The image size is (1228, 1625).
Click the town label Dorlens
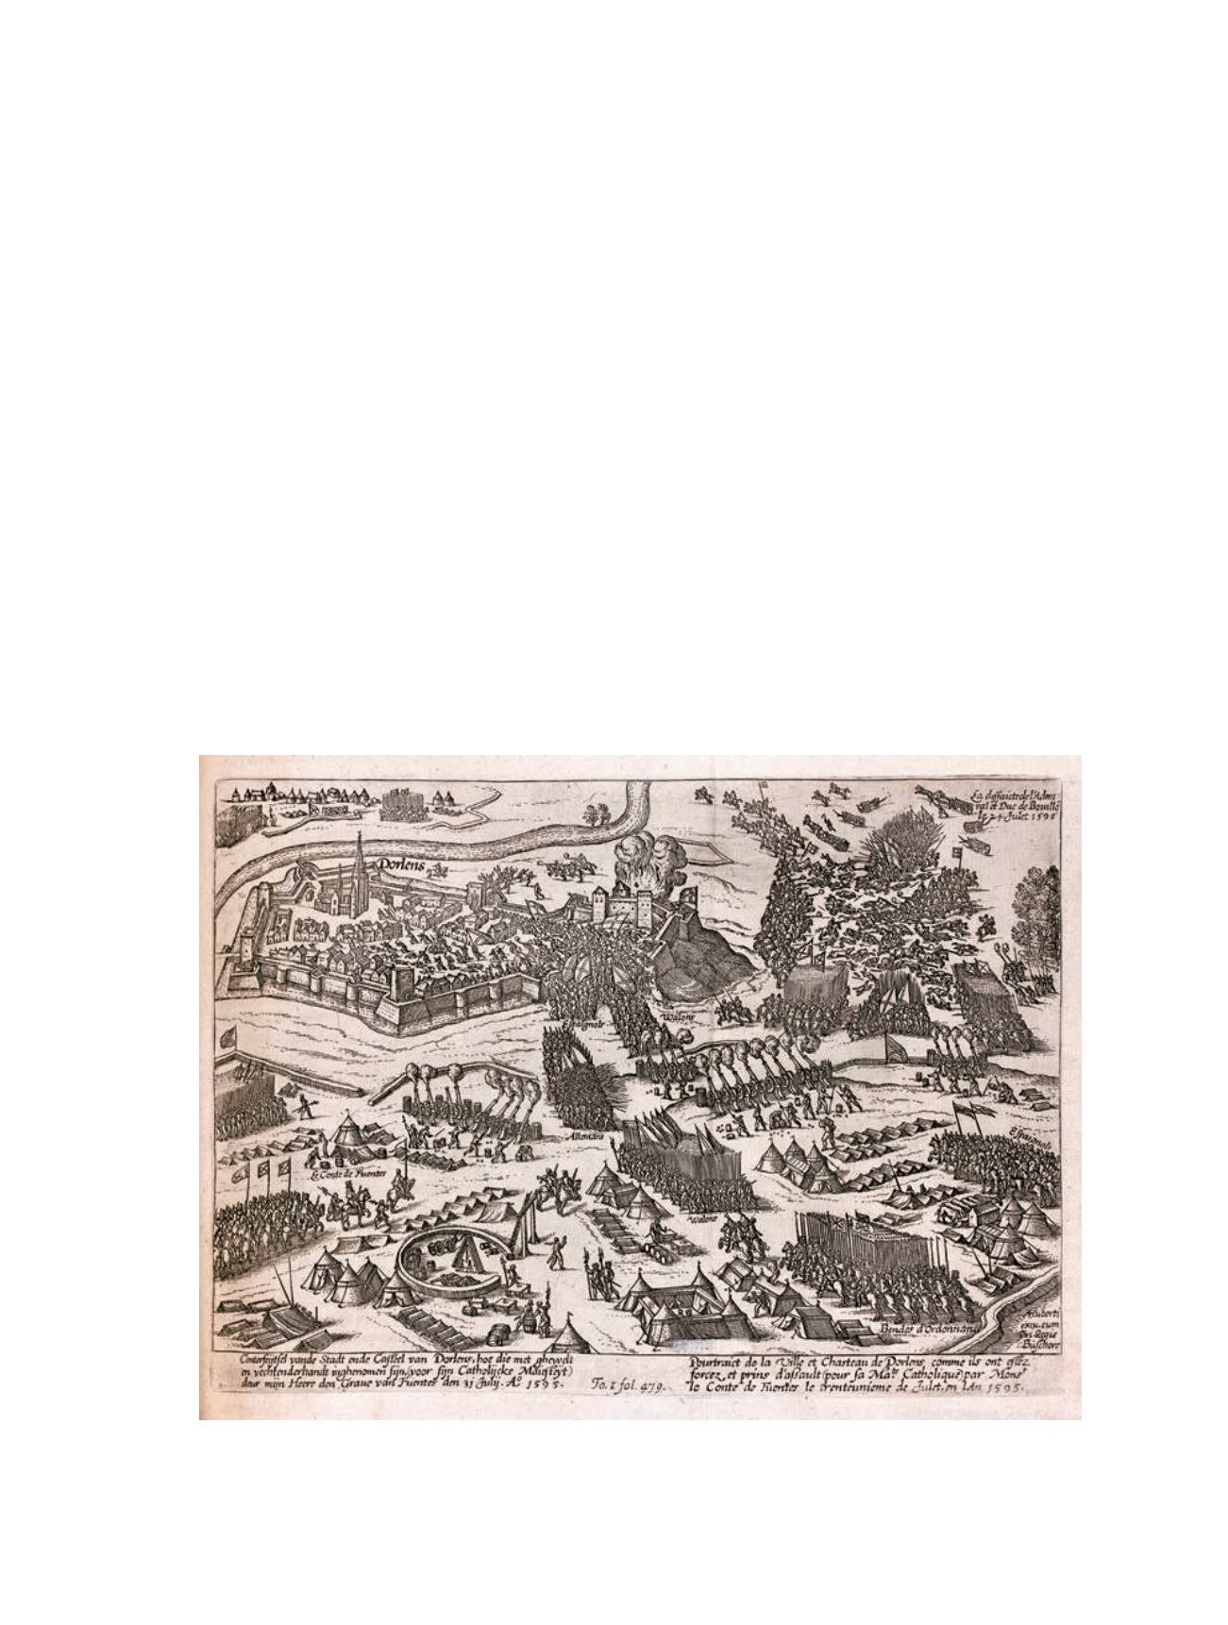pos(399,863)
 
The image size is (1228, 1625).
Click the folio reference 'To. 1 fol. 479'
pos(629,1386)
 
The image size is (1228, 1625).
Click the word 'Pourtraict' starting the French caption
pos(720,1362)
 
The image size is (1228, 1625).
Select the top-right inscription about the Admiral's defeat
pos(1016,808)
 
